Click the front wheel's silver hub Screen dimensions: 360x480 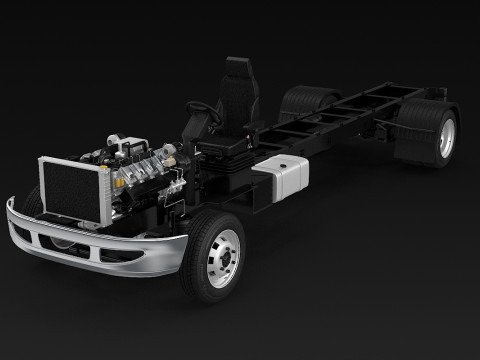pos(223,258)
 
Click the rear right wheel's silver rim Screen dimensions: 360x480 pos(446,137)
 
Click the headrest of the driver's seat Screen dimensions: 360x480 pos(237,69)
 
